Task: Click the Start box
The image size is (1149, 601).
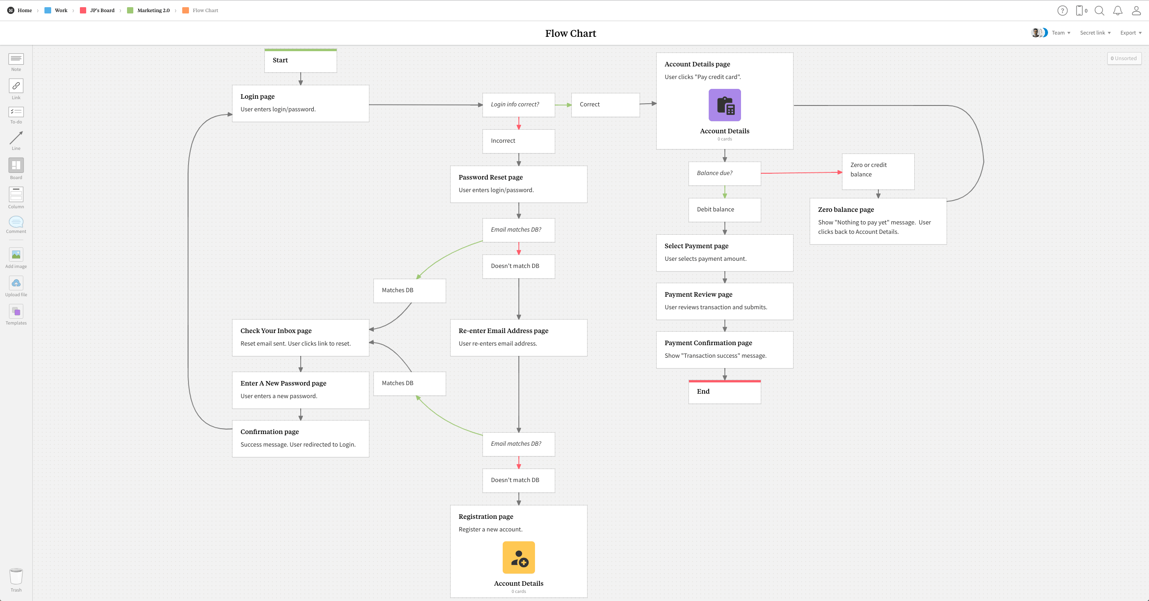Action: (300, 61)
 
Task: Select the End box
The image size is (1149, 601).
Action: (724, 392)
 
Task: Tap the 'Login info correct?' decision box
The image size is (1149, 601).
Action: (518, 105)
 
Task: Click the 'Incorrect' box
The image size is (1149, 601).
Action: (518, 141)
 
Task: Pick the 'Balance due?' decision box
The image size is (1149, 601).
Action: (724, 174)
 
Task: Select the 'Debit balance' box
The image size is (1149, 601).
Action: (724, 210)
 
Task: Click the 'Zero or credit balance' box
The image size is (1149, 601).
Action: (878, 171)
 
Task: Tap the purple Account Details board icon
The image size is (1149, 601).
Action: (724, 105)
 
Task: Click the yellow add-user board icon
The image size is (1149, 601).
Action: (518, 557)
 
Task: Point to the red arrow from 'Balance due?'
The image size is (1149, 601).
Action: (801, 173)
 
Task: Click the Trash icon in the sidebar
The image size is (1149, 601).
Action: (16, 577)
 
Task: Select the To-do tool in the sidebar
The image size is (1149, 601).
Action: (16, 112)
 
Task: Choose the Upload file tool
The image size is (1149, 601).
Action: (16, 283)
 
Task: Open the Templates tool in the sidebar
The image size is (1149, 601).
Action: (16, 311)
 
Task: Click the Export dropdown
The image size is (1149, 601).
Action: (1131, 33)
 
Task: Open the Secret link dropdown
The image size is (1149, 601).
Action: (1095, 33)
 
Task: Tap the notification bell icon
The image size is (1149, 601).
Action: (1118, 11)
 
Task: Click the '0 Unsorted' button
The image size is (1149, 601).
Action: (1124, 58)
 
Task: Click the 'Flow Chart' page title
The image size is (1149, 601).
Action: (570, 33)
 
